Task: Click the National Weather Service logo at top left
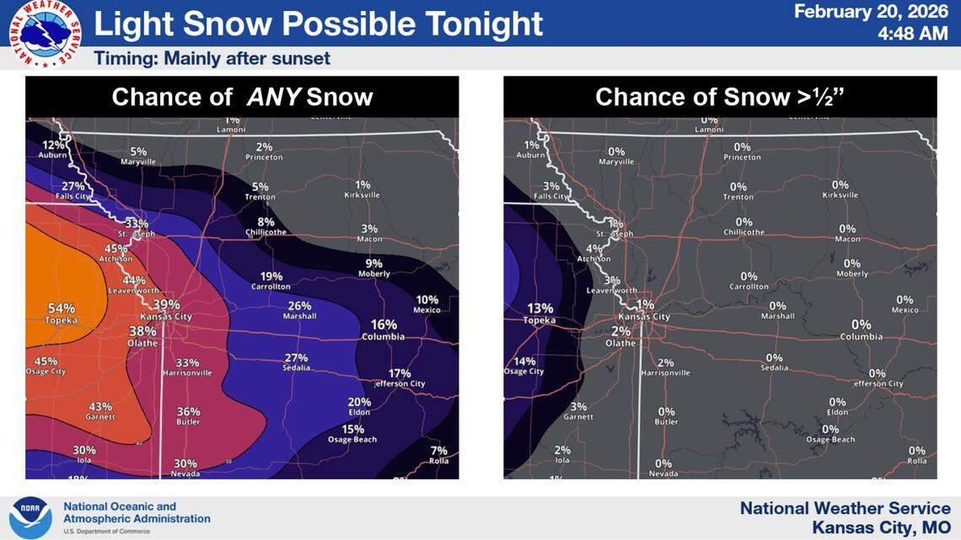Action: click(46, 34)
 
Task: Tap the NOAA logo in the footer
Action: click(31, 516)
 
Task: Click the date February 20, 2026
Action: click(871, 12)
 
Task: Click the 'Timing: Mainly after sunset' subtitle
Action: click(212, 59)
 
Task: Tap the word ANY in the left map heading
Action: click(274, 97)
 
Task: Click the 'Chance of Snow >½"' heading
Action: click(720, 97)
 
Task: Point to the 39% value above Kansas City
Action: click(167, 304)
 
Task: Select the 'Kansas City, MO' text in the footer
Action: click(882, 527)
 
